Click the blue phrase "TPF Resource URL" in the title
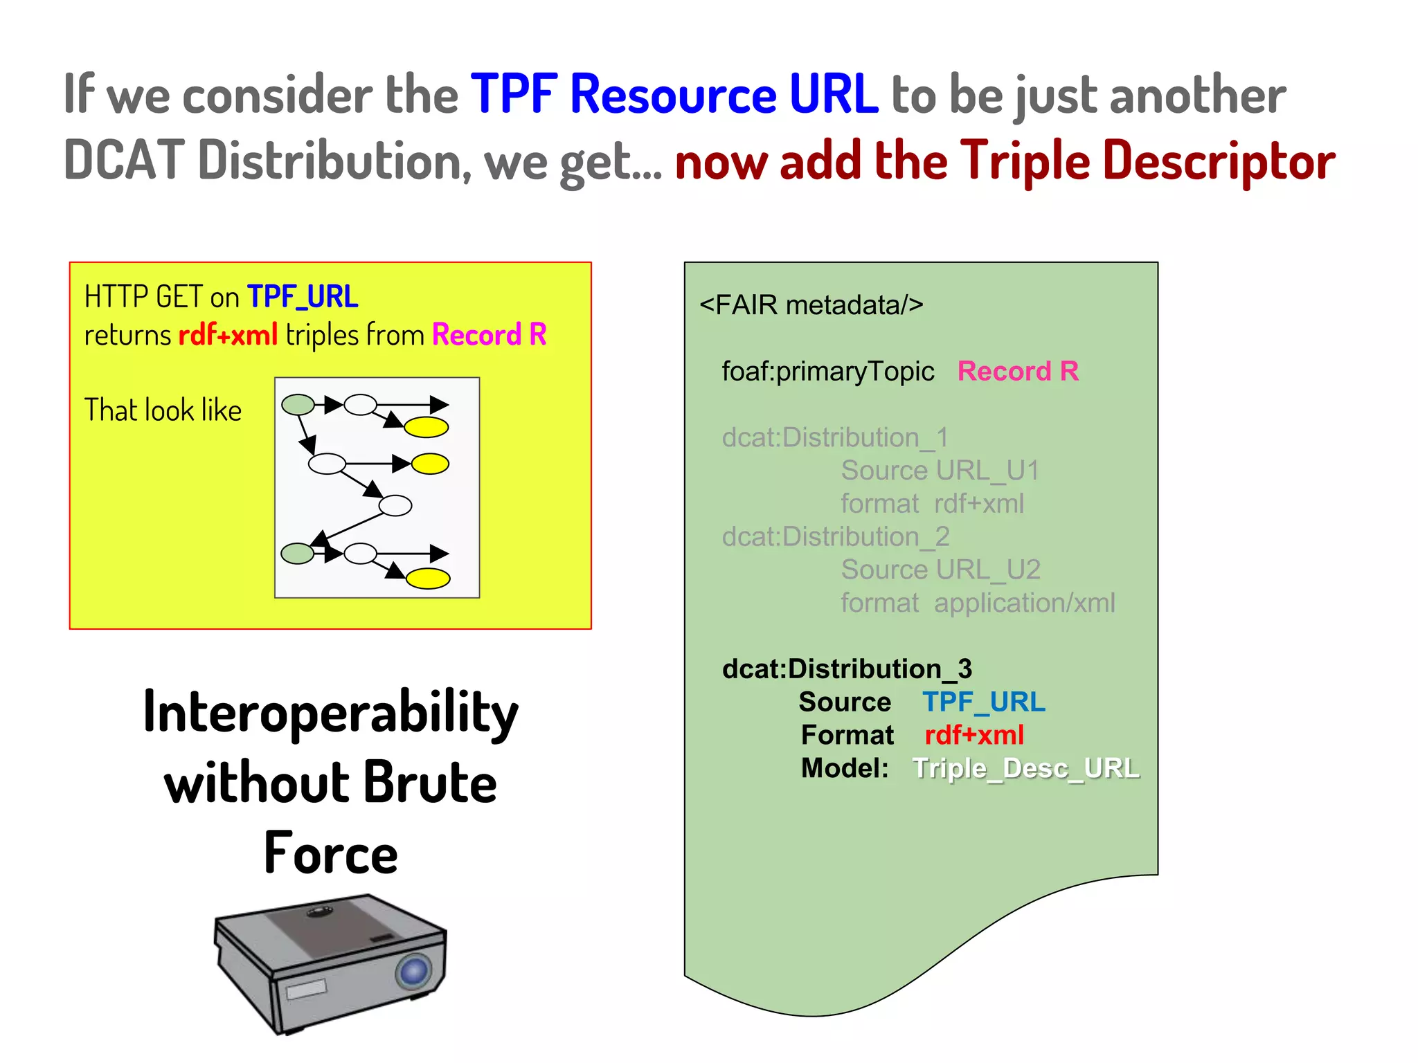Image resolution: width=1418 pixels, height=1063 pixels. click(x=674, y=95)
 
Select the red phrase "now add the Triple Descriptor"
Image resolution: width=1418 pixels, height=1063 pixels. click(x=1004, y=161)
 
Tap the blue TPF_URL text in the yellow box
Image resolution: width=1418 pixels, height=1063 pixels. click(x=303, y=297)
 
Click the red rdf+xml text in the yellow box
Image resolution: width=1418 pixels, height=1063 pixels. click(x=228, y=335)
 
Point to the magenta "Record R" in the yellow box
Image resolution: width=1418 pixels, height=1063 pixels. click(x=489, y=335)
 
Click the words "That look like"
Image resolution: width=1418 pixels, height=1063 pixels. click(x=163, y=410)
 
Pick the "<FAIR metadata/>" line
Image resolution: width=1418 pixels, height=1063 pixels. click(x=811, y=305)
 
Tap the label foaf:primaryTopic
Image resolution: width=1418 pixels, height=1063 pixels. click(x=827, y=372)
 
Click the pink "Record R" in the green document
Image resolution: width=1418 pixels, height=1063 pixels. click(x=1017, y=372)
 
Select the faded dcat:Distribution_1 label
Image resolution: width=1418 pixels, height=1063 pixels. click(x=834, y=437)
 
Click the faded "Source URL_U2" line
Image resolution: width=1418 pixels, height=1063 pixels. click(x=940, y=570)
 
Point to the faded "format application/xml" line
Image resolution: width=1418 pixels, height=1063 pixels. click(x=977, y=603)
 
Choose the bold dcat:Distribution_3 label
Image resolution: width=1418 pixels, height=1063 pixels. click(x=847, y=669)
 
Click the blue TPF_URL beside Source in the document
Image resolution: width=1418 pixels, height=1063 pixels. click(x=983, y=702)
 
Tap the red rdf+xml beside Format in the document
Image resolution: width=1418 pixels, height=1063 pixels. click(x=973, y=735)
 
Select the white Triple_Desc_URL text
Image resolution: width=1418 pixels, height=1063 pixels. click(x=1025, y=768)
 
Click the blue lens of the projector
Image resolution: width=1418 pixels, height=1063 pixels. click(x=414, y=971)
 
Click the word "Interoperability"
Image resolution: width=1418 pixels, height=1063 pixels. click(x=330, y=713)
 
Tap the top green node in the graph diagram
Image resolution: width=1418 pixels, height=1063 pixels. click(x=298, y=404)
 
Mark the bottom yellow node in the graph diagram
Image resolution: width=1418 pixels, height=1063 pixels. click(x=428, y=578)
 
